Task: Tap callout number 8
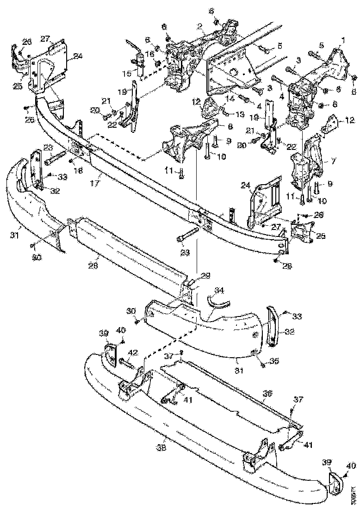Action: (217, 126)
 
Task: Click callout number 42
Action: (132, 352)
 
